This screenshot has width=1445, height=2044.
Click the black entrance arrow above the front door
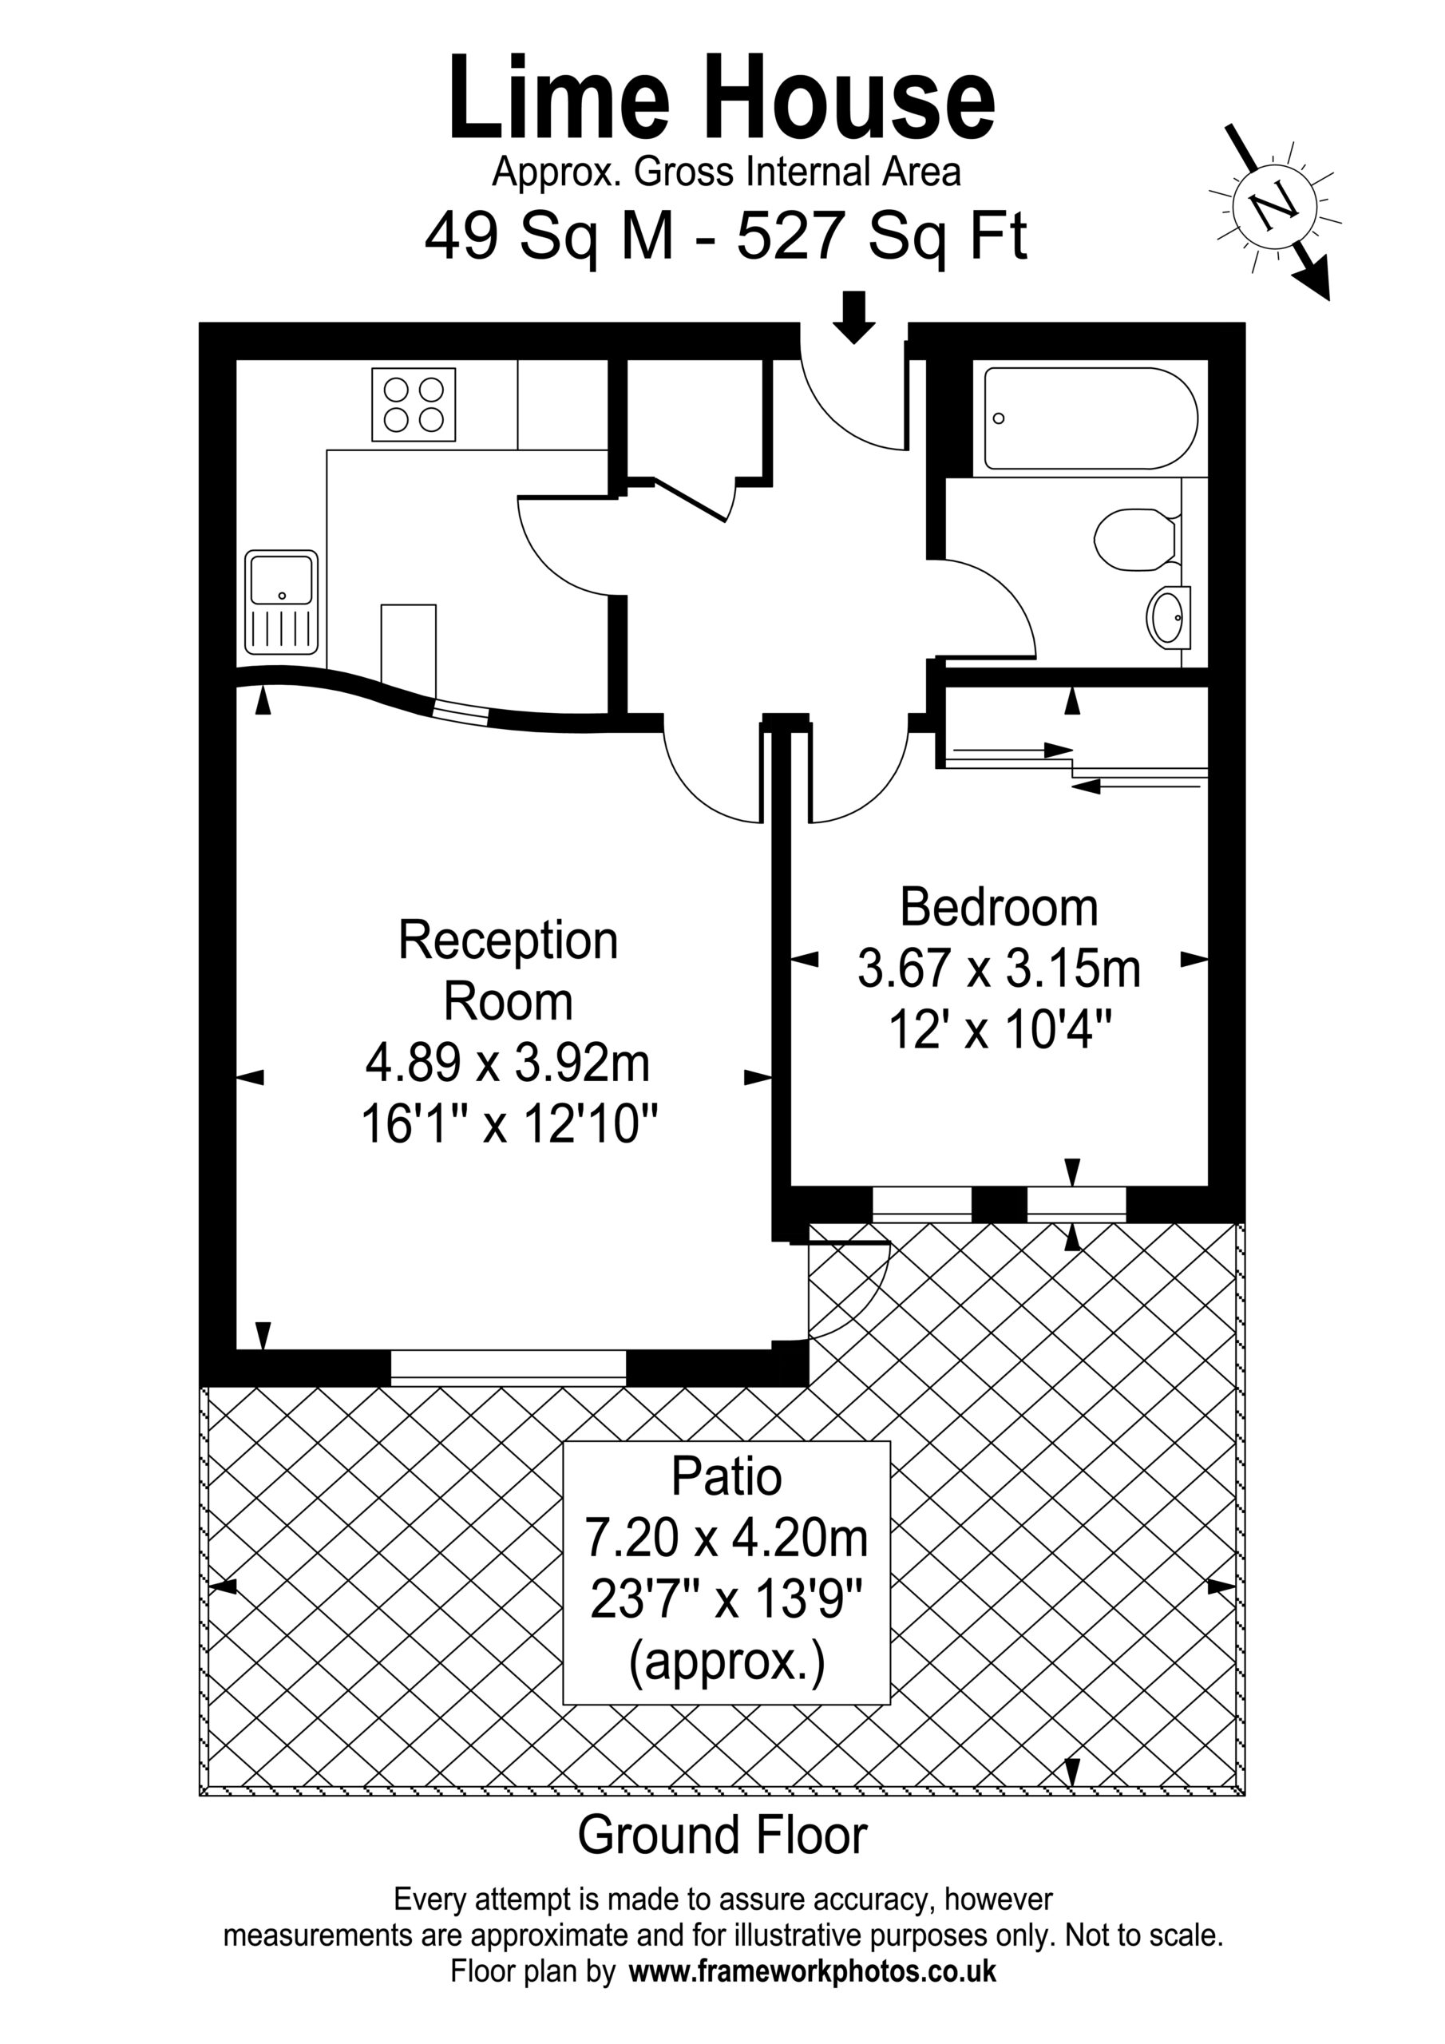pyautogui.click(x=853, y=317)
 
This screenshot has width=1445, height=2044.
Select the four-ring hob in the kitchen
pyautogui.click(x=413, y=405)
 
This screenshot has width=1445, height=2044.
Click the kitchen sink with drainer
pyautogui.click(x=281, y=603)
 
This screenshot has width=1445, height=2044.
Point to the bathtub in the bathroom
pyautogui.click(x=1091, y=418)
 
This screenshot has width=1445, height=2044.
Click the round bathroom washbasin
pyautogui.click(x=1169, y=615)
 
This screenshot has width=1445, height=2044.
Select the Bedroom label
pyautogui.click(x=998, y=908)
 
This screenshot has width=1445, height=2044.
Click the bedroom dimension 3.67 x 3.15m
pyautogui.click(x=999, y=969)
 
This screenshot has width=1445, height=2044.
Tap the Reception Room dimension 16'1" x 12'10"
pyautogui.click(x=509, y=1124)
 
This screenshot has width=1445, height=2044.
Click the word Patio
pyautogui.click(x=726, y=1476)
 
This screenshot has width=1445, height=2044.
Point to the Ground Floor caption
pyautogui.click(x=722, y=1835)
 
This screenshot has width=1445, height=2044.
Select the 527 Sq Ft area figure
pyautogui.click(x=882, y=236)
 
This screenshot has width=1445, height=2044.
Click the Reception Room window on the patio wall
pyautogui.click(x=509, y=1368)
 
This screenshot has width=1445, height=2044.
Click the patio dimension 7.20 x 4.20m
pyautogui.click(x=726, y=1538)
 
